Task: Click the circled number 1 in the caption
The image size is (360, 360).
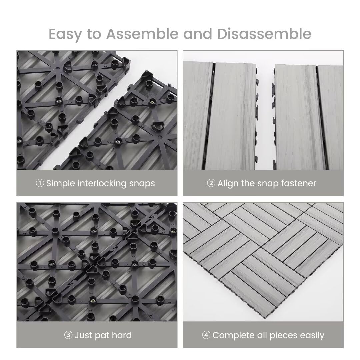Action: [x=40, y=183]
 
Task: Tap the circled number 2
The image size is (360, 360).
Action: [x=211, y=183]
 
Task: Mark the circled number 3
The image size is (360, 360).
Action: [x=68, y=335]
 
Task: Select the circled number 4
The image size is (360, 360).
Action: [x=206, y=335]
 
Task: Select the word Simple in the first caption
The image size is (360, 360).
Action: [x=61, y=183]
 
